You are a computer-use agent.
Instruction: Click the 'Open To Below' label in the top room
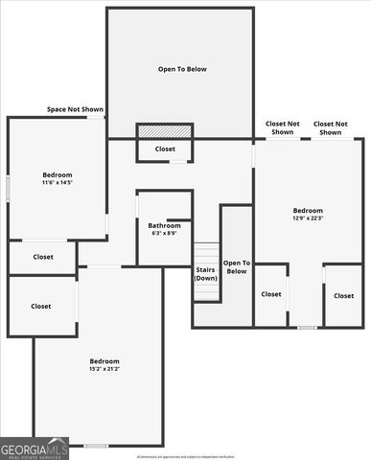click(x=182, y=69)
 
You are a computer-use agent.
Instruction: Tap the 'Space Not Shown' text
click(x=75, y=109)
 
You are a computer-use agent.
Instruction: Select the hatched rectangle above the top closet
click(x=165, y=130)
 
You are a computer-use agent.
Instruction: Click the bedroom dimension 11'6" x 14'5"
click(x=58, y=183)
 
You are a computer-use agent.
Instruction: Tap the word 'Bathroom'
click(x=165, y=225)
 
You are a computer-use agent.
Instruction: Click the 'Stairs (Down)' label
click(x=206, y=274)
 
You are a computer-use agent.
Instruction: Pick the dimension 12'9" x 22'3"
click(x=308, y=218)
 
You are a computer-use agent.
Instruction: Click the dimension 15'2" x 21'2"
click(x=104, y=368)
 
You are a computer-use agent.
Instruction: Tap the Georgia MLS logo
click(x=35, y=448)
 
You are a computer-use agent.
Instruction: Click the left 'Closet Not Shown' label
click(x=282, y=127)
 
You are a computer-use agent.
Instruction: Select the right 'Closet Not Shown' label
click(x=331, y=127)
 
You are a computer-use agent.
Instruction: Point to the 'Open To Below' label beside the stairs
click(x=237, y=266)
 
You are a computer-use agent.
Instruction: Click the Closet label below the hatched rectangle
click(x=165, y=149)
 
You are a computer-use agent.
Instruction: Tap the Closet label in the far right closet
click(x=343, y=295)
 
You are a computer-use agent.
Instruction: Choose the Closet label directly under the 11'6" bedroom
click(x=43, y=257)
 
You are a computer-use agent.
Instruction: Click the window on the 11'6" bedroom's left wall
click(x=9, y=187)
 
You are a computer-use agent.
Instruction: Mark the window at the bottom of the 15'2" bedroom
click(x=96, y=446)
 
